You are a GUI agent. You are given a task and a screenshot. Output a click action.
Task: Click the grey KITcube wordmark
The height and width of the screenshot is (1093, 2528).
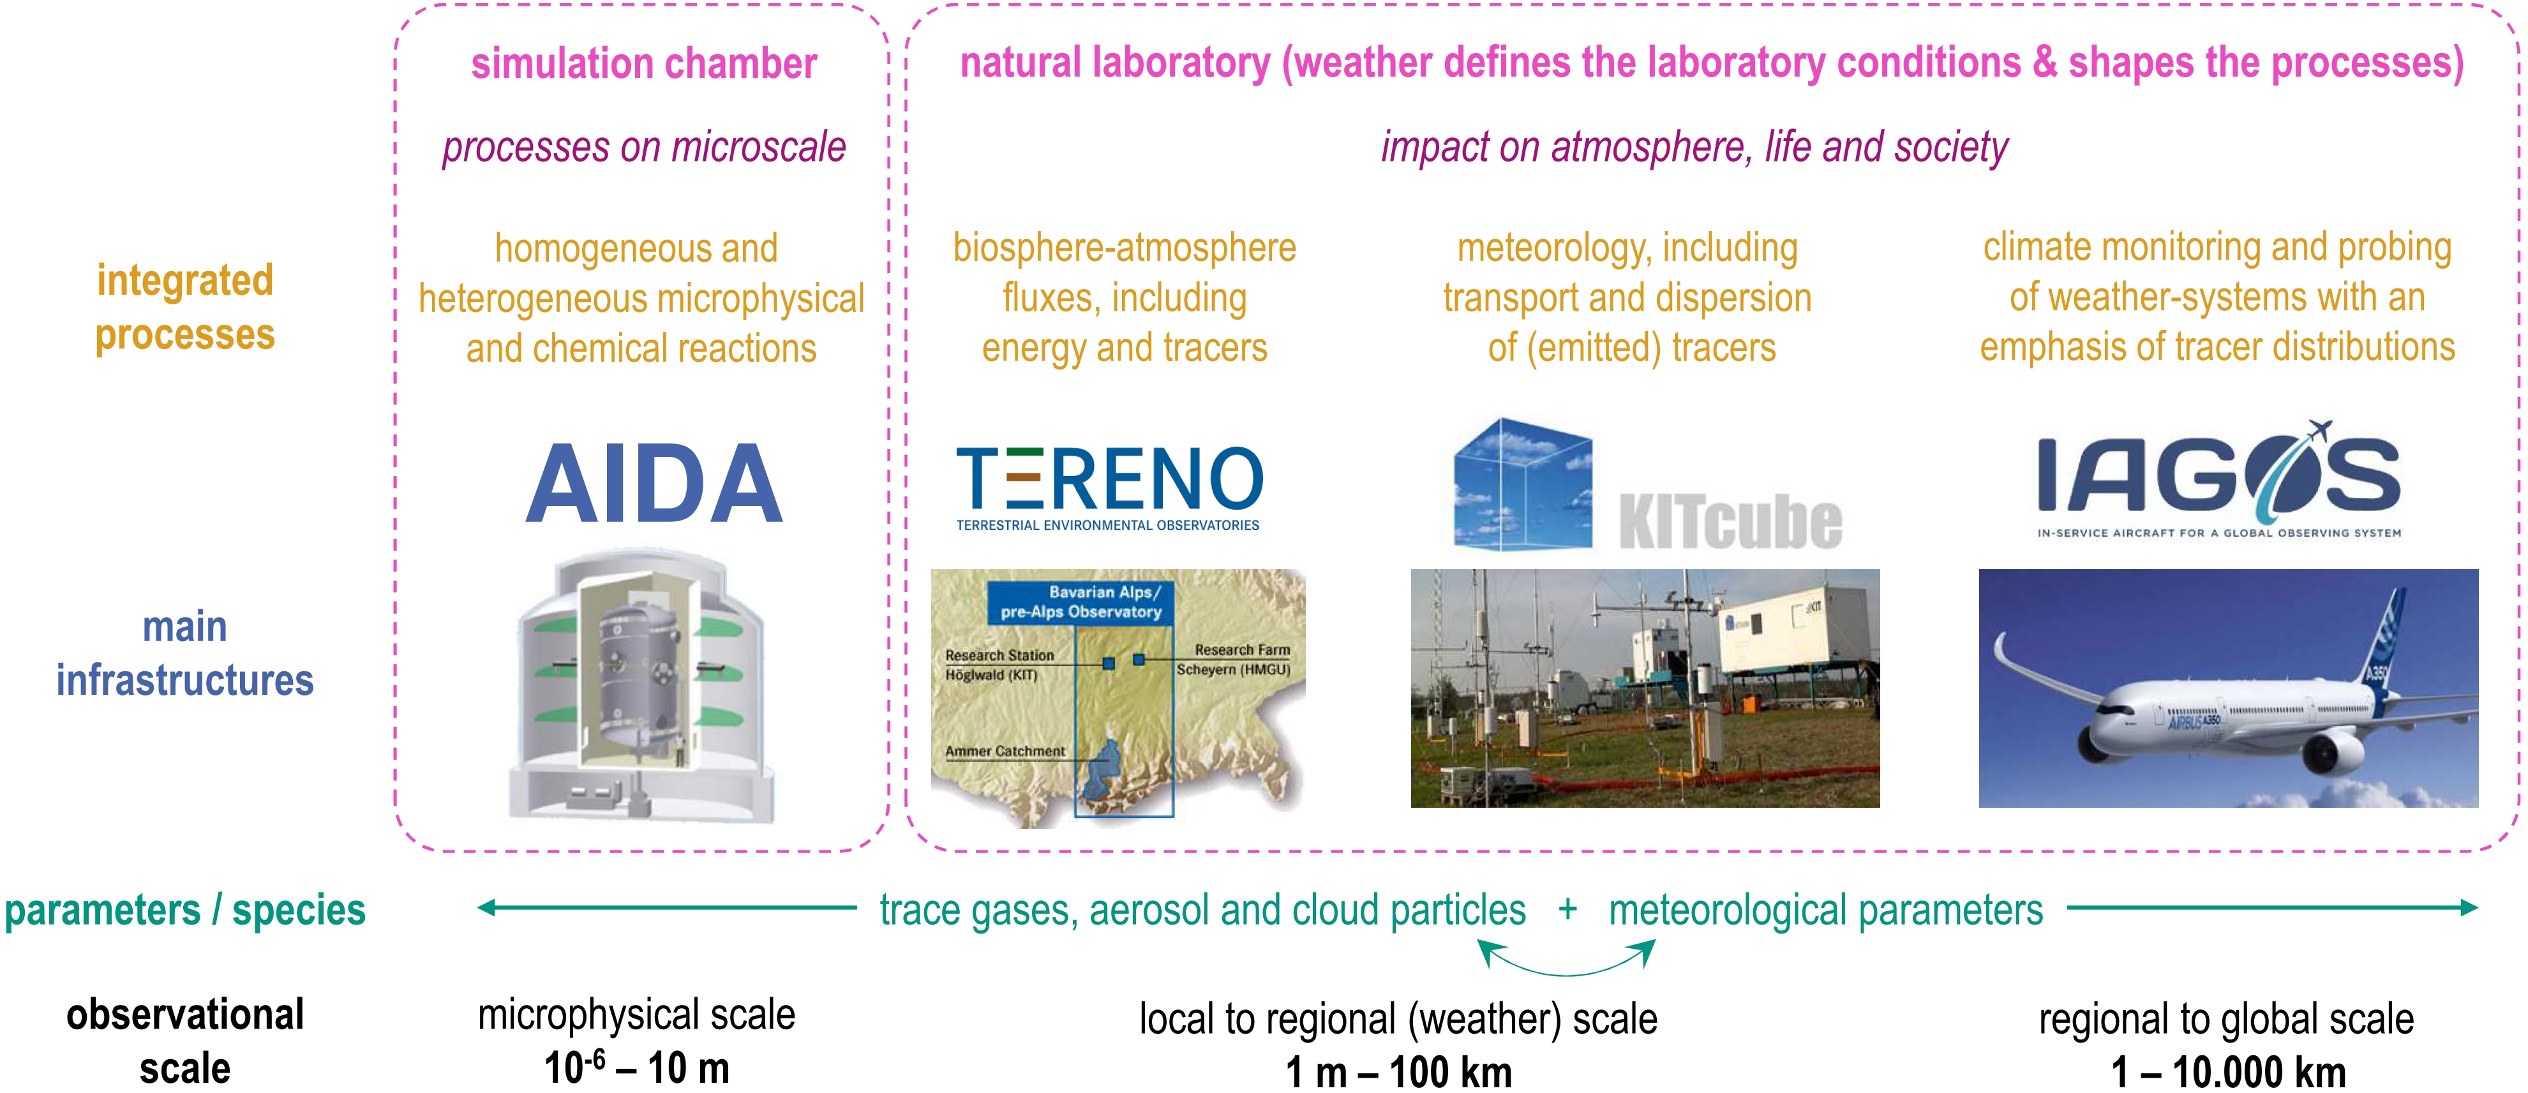1730,521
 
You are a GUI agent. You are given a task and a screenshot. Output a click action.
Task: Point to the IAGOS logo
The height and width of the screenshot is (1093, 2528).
2219,480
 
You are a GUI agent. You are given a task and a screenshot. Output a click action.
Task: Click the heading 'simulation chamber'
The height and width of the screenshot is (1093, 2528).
644,64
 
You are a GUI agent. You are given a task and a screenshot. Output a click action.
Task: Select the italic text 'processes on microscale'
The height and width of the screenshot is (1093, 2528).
644,147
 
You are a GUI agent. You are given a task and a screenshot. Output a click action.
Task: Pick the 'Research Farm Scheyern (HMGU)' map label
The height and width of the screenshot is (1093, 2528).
1234,659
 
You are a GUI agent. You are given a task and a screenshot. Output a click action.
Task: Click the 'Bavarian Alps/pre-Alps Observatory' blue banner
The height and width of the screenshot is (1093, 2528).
1081,602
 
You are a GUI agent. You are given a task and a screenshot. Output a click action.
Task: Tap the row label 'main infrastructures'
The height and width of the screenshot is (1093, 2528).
184,653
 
